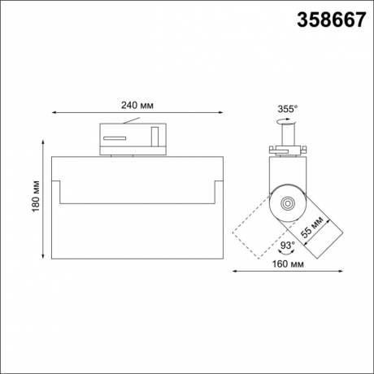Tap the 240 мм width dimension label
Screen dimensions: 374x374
(x=137, y=106)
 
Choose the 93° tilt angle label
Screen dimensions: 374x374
(x=286, y=242)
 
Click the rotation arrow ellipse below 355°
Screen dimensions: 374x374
(x=286, y=120)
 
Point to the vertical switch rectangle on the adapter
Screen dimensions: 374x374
(x=154, y=134)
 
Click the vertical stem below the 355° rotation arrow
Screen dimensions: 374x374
(x=286, y=133)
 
